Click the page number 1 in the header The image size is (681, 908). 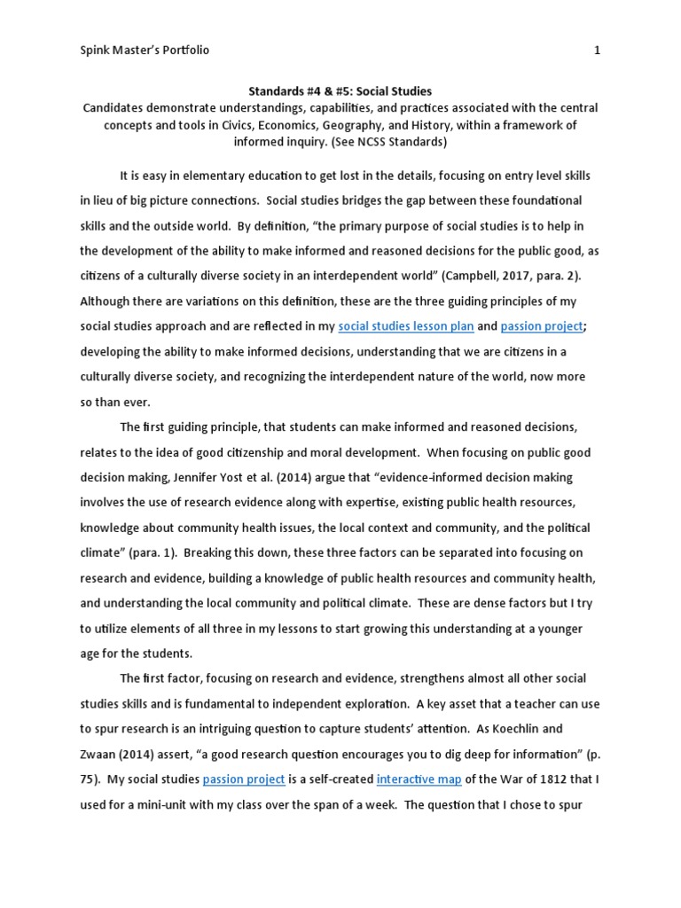click(597, 51)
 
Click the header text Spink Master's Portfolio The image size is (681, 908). click(145, 51)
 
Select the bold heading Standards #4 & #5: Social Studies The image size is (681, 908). click(340, 90)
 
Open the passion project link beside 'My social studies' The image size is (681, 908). click(244, 779)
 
